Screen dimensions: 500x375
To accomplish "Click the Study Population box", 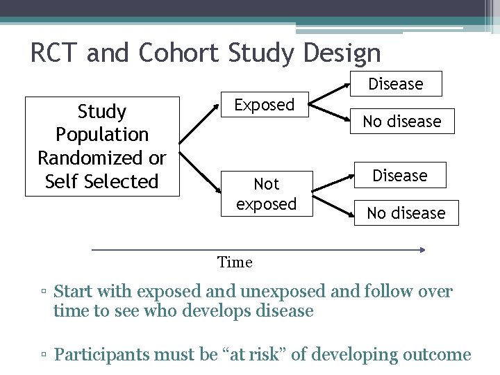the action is tap(102, 147).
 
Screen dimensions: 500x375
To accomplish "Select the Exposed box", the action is tap(264, 105).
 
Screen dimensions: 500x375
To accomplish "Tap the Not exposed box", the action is tap(266, 194).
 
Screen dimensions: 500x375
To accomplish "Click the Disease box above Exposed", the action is tap(395, 84).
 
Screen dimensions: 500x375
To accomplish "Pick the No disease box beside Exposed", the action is tap(401, 122).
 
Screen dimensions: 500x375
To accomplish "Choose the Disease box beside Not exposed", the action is tap(399, 176).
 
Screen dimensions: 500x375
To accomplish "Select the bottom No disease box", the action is tap(406, 213).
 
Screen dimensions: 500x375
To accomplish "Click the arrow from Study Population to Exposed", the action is tap(199, 126).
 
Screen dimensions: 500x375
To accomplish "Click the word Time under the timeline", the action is tap(235, 262).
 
